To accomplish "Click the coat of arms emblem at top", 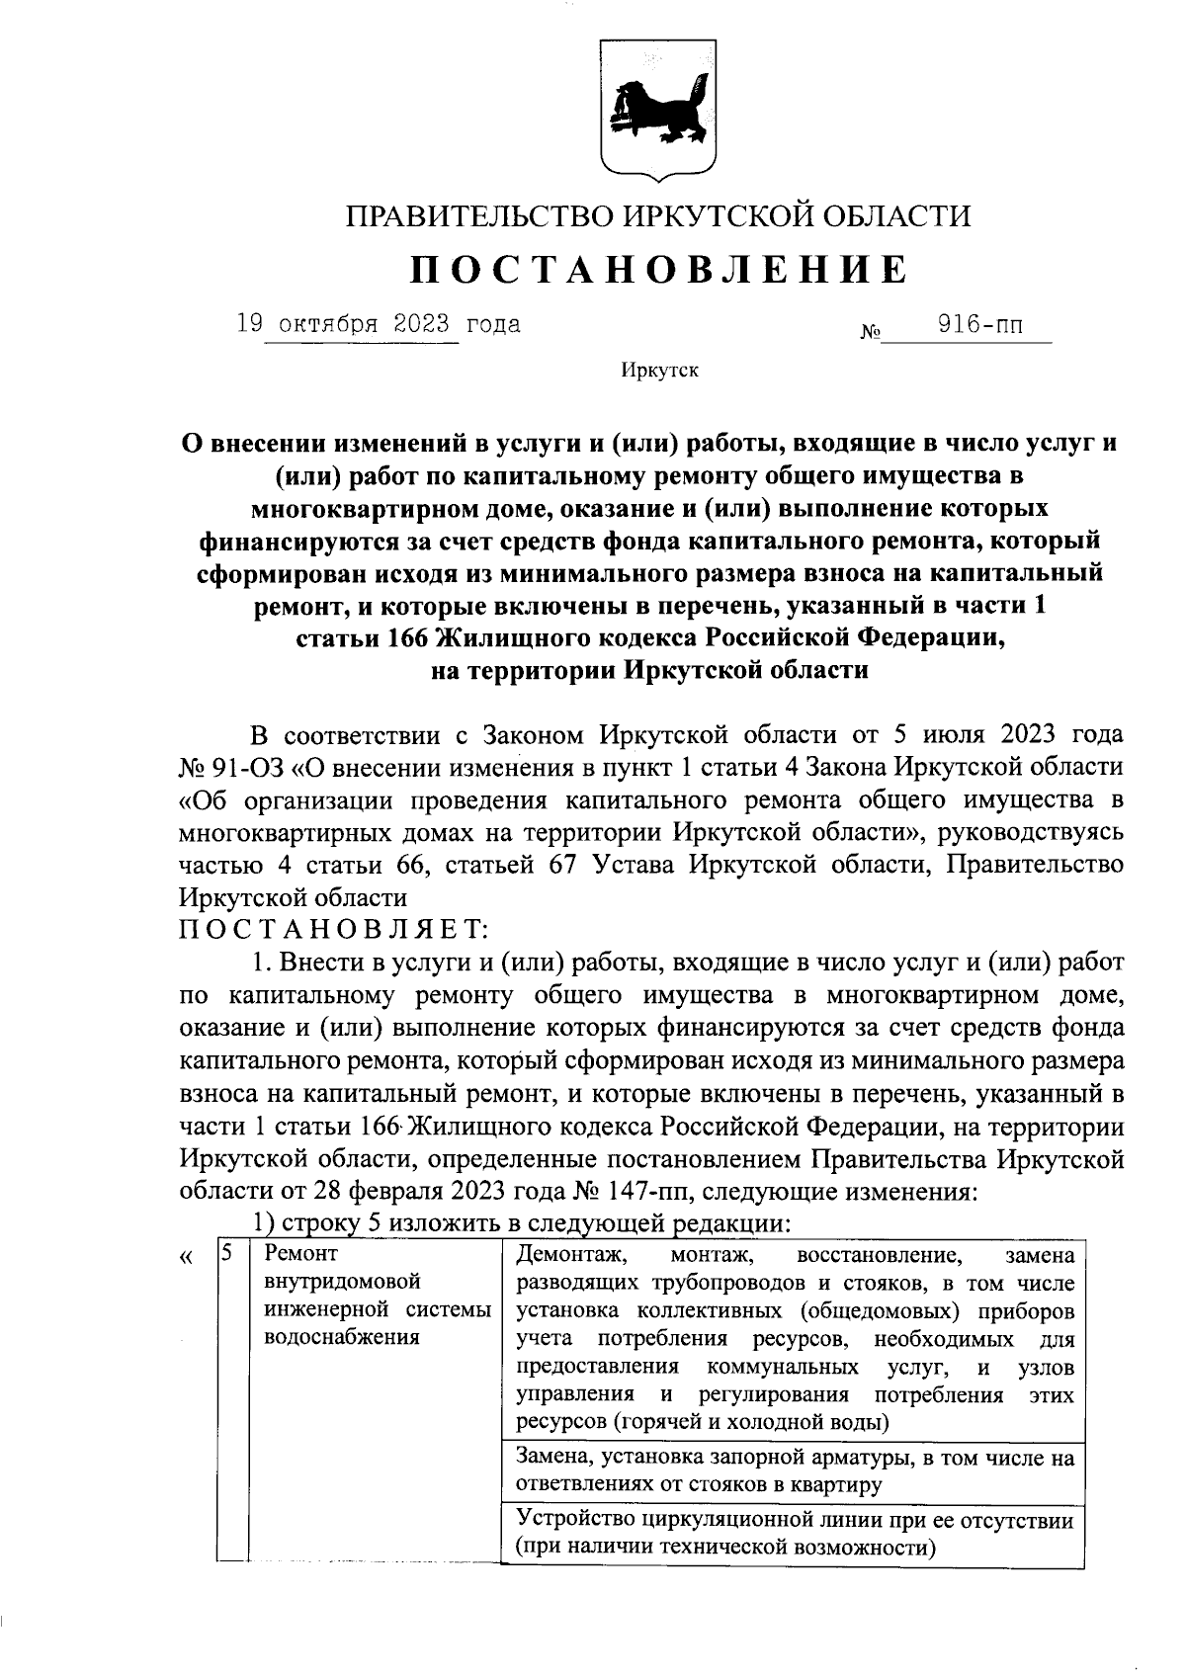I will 659,106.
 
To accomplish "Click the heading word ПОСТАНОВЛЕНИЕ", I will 658,269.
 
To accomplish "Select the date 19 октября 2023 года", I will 378,324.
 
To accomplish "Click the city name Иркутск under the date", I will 659,371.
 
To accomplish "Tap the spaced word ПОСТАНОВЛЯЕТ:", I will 331,930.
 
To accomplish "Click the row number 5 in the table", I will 227,1253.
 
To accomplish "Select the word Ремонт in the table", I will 301,1254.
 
